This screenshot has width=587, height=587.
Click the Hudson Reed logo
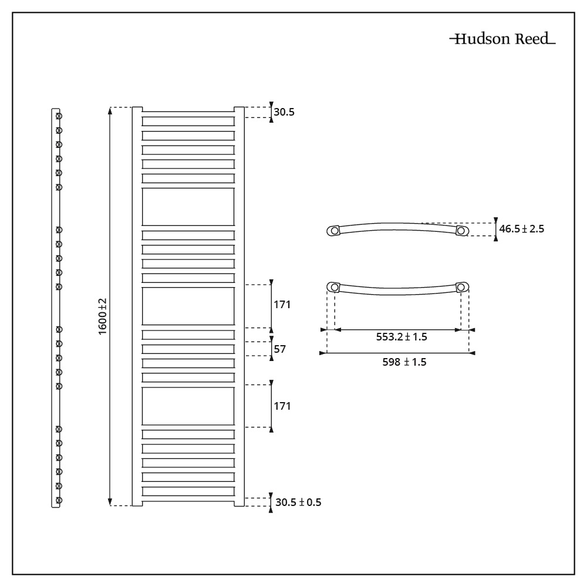click(502, 39)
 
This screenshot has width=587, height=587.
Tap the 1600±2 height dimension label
click(102, 317)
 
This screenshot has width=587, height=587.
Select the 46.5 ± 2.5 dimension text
click(521, 229)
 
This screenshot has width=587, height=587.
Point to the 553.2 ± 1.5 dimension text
click(402, 337)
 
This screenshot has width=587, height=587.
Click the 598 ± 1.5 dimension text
click(404, 362)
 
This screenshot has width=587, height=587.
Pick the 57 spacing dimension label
click(279, 349)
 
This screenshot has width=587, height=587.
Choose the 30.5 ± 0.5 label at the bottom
click(298, 502)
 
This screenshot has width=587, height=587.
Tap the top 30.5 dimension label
click(284, 112)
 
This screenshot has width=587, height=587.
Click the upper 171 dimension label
click(282, 305)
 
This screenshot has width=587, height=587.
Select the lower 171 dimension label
click(282, 406)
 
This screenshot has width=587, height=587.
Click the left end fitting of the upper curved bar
click(333, 231)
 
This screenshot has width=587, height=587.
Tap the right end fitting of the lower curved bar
click(463, 287)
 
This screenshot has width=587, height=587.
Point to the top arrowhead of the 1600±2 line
click(110, 110)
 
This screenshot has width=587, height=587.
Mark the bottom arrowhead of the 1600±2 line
click(110, 502)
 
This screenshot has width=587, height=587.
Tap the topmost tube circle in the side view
click(59, 116)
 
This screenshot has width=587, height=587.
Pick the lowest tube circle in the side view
click(59, 500)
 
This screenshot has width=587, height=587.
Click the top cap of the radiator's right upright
click(239, 109)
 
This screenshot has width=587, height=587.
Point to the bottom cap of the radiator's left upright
click(137, 504)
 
